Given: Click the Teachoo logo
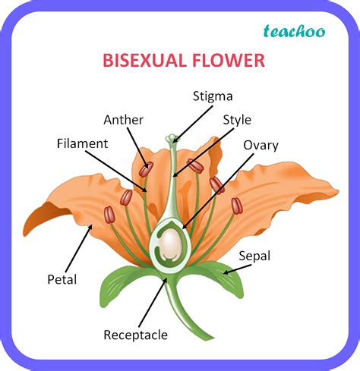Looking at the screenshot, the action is (x=294, y=31).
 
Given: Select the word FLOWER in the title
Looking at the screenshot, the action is (x=229, y=61).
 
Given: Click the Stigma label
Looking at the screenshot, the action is (x=213, y=97).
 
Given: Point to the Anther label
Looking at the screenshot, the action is (x=123, y=120).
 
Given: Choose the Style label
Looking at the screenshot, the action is (x=237, y=121).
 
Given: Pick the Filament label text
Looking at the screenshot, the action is (x=82, y=143).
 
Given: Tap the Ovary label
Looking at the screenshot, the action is (x=261, y=146).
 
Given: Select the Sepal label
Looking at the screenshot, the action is (x=254, y=256).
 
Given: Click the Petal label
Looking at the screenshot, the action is (x=62, y=279).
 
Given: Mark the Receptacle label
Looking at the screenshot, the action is (x=135, y=335).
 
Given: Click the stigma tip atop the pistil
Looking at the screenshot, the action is (x=172, y=138).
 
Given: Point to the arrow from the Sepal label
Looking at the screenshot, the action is (x=237, y=269).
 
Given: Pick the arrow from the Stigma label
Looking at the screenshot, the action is (x=193, y=124).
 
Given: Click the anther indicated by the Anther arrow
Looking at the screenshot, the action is (x=146, y=169).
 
